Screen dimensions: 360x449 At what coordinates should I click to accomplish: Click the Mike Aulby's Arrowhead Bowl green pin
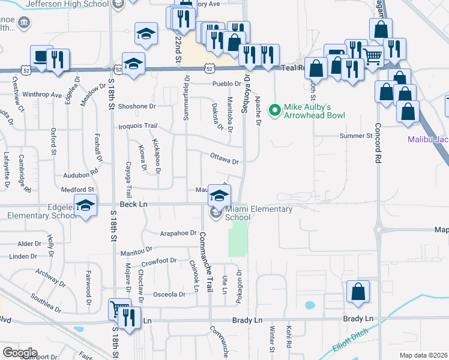[275, 110]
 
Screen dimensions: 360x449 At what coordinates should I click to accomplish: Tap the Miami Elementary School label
[258, 214]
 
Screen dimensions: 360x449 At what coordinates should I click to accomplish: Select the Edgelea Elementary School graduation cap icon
[86, 206]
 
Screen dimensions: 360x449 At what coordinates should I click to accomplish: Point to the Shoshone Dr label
[137, 106]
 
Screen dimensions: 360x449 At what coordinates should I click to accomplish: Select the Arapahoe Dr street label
[179, 233]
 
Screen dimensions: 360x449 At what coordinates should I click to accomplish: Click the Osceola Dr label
[169, 295]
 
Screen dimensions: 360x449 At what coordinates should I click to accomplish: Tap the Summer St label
[356, 136]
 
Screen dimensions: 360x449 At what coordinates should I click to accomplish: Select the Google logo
[19, 353]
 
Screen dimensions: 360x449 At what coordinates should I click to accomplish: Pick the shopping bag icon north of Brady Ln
[358, 292]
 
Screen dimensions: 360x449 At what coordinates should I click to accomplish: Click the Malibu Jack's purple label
[427, 140]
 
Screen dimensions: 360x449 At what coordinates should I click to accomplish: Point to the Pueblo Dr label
[225, 84]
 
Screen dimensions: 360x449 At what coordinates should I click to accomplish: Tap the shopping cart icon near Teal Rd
[373, 57]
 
